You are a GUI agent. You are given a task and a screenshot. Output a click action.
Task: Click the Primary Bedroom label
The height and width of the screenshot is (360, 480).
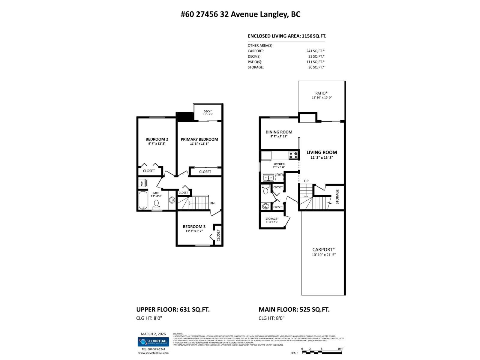[199, 139]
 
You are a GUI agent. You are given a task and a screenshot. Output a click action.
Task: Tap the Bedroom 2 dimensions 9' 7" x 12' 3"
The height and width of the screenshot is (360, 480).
[157, 144]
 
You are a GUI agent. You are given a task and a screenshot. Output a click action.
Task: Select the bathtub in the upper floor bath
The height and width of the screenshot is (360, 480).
[143, 200]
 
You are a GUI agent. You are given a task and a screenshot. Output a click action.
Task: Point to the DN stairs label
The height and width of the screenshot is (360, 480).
[212, 203]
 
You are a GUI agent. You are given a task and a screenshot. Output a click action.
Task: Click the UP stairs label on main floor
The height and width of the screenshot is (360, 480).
[306, 181]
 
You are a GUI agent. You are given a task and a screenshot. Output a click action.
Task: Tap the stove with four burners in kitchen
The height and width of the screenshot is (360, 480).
[293, 155]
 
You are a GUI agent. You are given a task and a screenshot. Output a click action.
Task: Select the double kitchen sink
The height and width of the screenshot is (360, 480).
[268, 178]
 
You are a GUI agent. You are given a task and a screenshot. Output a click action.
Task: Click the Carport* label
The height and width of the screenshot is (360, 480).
[323, 250]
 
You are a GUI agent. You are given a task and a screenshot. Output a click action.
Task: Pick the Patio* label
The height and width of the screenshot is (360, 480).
[321, 93]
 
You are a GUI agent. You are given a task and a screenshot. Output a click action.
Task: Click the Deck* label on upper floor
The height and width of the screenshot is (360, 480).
[207, 111]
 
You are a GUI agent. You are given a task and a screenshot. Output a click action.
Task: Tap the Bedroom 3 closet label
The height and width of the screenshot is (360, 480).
[218, 235]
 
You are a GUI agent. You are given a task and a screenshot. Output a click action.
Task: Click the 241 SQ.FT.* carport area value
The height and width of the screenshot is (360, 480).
[315, 51]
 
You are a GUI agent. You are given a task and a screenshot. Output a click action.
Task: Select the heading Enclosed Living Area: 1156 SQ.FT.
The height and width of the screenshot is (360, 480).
[287, 36]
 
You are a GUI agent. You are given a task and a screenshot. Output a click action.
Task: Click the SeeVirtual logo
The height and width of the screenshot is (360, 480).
[153, 341]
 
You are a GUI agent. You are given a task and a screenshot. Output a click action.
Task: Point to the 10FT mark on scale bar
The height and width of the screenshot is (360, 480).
[340, 349]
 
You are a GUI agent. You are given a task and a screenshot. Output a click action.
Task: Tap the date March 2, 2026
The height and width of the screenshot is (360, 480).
[153, 334]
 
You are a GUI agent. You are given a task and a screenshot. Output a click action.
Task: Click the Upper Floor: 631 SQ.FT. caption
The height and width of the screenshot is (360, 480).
[173, 310]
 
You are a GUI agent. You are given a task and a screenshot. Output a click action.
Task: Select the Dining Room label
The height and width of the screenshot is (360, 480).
[279, 132]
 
